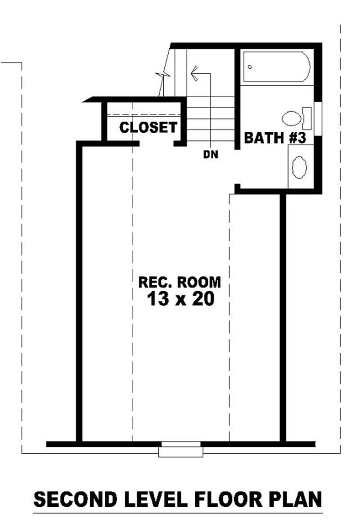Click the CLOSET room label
pos(148,127)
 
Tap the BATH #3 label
pos(275,138)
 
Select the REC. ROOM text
pos(180,282)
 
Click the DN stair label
pos(210,155)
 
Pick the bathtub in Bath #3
pos(276,67)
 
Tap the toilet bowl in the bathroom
pos(292,118)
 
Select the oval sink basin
pos(299,168)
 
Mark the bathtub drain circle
pos(250,67)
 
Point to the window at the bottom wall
pos(180,448)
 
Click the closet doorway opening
pos(156,144)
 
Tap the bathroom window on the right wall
pos(318,118)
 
